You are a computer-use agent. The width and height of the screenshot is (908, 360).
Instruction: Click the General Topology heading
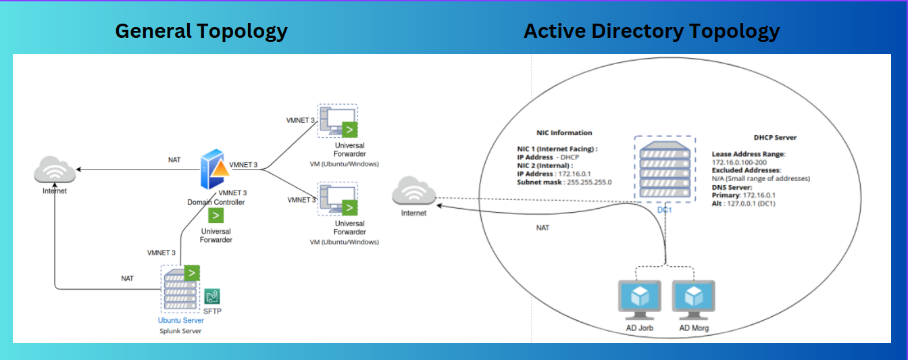201,31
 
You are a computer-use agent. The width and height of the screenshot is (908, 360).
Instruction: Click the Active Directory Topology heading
651,31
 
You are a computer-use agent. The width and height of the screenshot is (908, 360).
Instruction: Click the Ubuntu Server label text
181,320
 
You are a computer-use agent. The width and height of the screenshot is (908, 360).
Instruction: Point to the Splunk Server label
180,331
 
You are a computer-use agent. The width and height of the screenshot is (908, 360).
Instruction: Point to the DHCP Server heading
775,137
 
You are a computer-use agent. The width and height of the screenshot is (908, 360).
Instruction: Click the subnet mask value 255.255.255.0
584,182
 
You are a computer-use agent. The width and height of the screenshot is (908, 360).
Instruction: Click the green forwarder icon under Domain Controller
216,215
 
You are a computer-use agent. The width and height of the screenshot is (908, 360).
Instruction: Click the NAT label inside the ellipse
543,228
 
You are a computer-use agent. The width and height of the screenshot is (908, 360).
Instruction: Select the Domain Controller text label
216,202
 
